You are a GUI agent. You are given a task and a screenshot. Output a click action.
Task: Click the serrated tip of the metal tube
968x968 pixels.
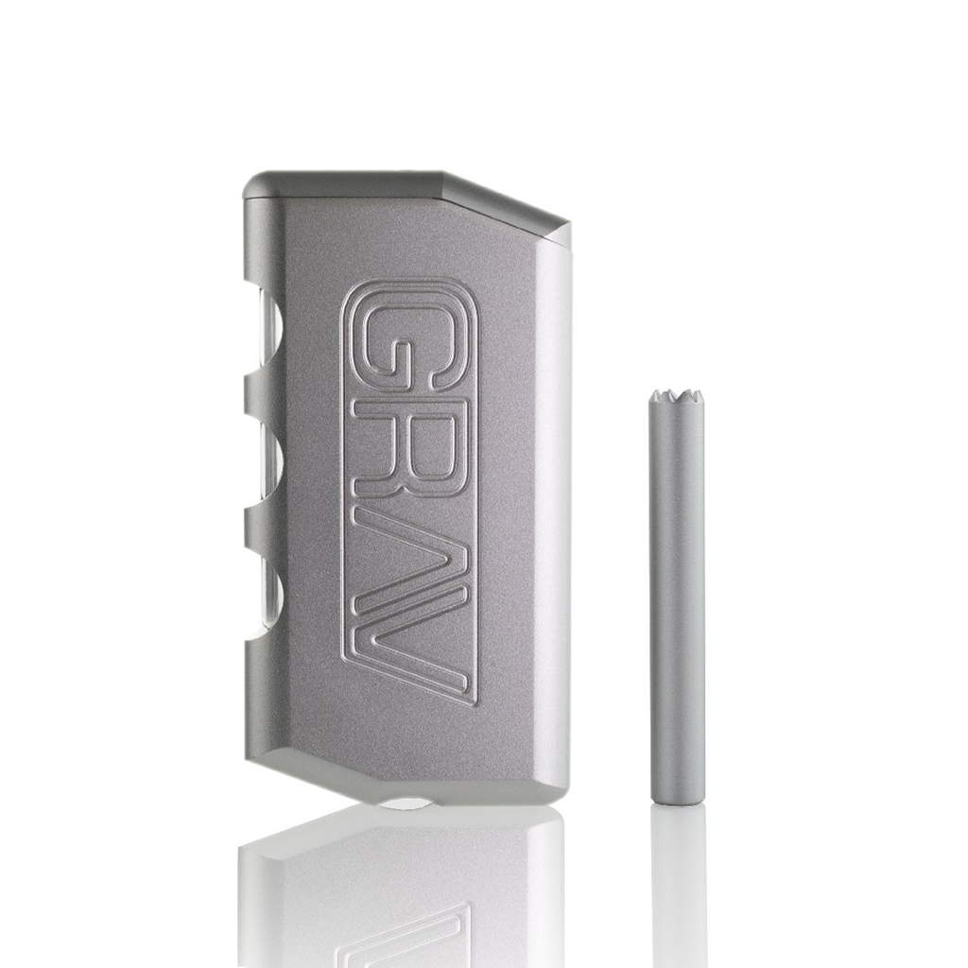(675, 396)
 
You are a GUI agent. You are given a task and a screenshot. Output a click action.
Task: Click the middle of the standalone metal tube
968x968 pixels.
(677, 596)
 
